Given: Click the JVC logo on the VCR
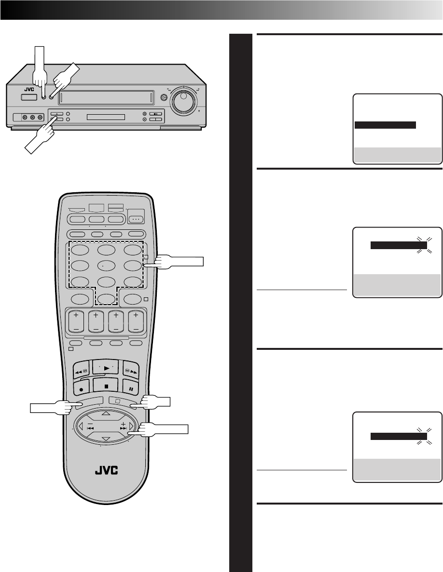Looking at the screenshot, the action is click(28, 89).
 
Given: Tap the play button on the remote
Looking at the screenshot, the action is click(106, 367).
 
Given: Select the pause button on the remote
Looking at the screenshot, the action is click(130, 386).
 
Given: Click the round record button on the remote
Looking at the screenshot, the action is click(80, 386).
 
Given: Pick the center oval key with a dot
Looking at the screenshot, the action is click(106, 265).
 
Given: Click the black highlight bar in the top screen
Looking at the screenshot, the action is click(385, 125).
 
